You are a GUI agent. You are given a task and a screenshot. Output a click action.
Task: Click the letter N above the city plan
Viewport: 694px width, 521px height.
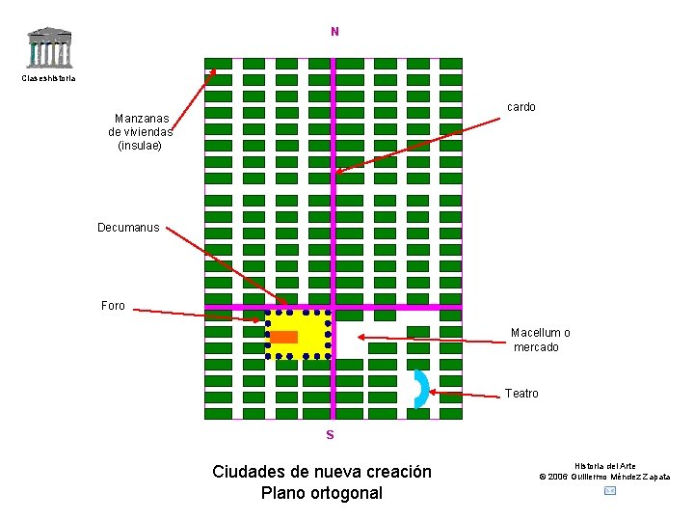[x=334, y=32]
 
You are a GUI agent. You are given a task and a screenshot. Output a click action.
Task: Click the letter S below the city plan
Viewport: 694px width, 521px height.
[x=330, y=435]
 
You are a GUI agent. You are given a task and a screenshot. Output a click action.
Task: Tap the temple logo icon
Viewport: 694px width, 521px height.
[x=49, y=47]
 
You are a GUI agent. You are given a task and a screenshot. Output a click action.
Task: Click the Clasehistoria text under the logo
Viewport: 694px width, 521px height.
[x=48, y=78]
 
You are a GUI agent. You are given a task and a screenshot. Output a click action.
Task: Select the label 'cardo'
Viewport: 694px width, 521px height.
[x=521, y=107]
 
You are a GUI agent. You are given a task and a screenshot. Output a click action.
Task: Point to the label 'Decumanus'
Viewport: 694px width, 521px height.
[x=128, y=228]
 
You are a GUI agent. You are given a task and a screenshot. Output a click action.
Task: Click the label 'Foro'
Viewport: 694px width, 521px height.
[x=113, y=306]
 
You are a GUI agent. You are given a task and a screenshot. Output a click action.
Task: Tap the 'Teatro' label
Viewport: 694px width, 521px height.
[x=521, y=394]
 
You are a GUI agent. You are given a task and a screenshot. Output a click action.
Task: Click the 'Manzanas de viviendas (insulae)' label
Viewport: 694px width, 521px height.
[x=141, y=132]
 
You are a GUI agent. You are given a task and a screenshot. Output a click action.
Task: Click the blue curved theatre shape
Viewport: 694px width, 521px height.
[x=420, y=389]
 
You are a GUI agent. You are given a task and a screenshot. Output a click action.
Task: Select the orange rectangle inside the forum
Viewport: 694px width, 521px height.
[x=284, y=337]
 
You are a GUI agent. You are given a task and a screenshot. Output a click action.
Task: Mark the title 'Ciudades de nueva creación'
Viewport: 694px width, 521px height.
[x=322, y=472]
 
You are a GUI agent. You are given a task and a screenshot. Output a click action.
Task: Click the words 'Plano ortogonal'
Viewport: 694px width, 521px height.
[x=322, y=493]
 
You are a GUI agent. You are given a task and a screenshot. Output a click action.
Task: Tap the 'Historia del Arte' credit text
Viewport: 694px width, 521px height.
[x=605, y=466]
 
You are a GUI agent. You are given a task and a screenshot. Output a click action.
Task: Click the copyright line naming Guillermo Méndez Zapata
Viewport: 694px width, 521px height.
[x=604, y=477]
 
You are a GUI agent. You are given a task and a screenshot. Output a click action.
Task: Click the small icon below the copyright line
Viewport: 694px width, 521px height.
[x=609, y=491]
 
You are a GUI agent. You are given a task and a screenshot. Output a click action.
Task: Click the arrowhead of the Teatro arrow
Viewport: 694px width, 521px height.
[x=431, y=392]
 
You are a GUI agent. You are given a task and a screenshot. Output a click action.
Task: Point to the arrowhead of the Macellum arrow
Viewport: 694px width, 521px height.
[x=360, y=337]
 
